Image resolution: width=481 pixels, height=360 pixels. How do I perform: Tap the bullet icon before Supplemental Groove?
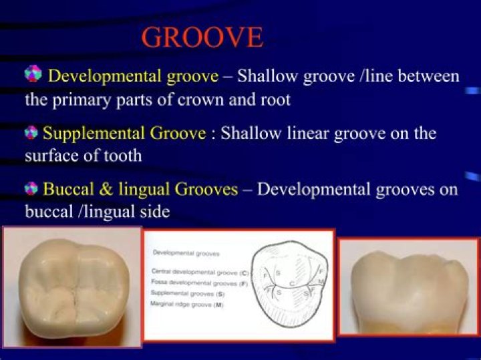coord(30,133)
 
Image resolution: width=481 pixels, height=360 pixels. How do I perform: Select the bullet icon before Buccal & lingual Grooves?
coord(30,190)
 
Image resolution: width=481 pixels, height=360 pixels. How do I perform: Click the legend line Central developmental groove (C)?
coord(200,272)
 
